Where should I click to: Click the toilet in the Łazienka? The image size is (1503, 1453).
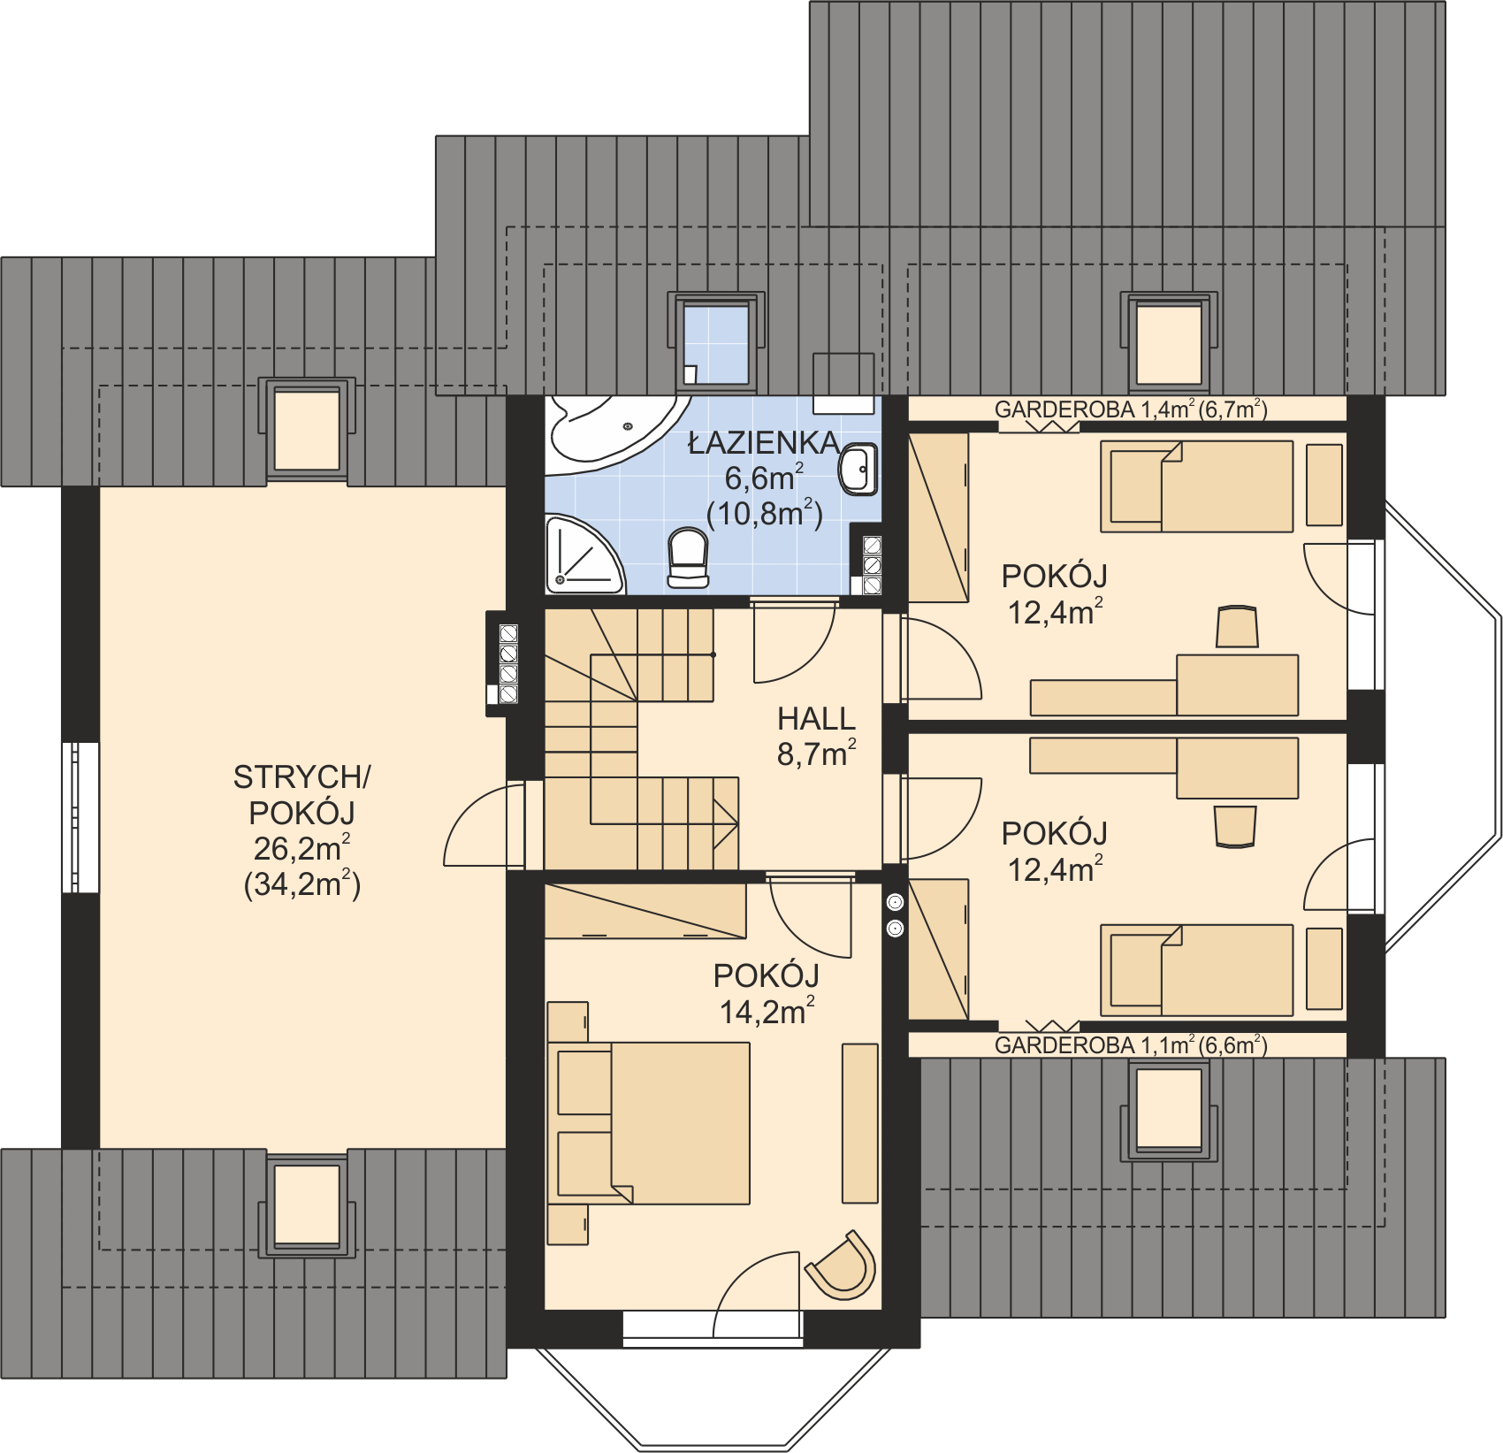point(688,557)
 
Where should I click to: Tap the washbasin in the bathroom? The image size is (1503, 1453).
point(858,469)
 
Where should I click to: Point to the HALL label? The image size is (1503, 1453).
point(816,719)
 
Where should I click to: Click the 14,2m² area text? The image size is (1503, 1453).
point(766,1012)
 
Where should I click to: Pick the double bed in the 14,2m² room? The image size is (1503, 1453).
point(654,1123)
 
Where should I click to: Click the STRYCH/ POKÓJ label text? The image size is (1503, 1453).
point(301,794)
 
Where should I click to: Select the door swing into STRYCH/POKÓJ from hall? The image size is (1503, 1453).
point(482,827)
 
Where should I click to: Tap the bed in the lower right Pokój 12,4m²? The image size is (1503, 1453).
point(1198,970)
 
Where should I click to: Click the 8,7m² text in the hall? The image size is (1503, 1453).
point(815,754)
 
